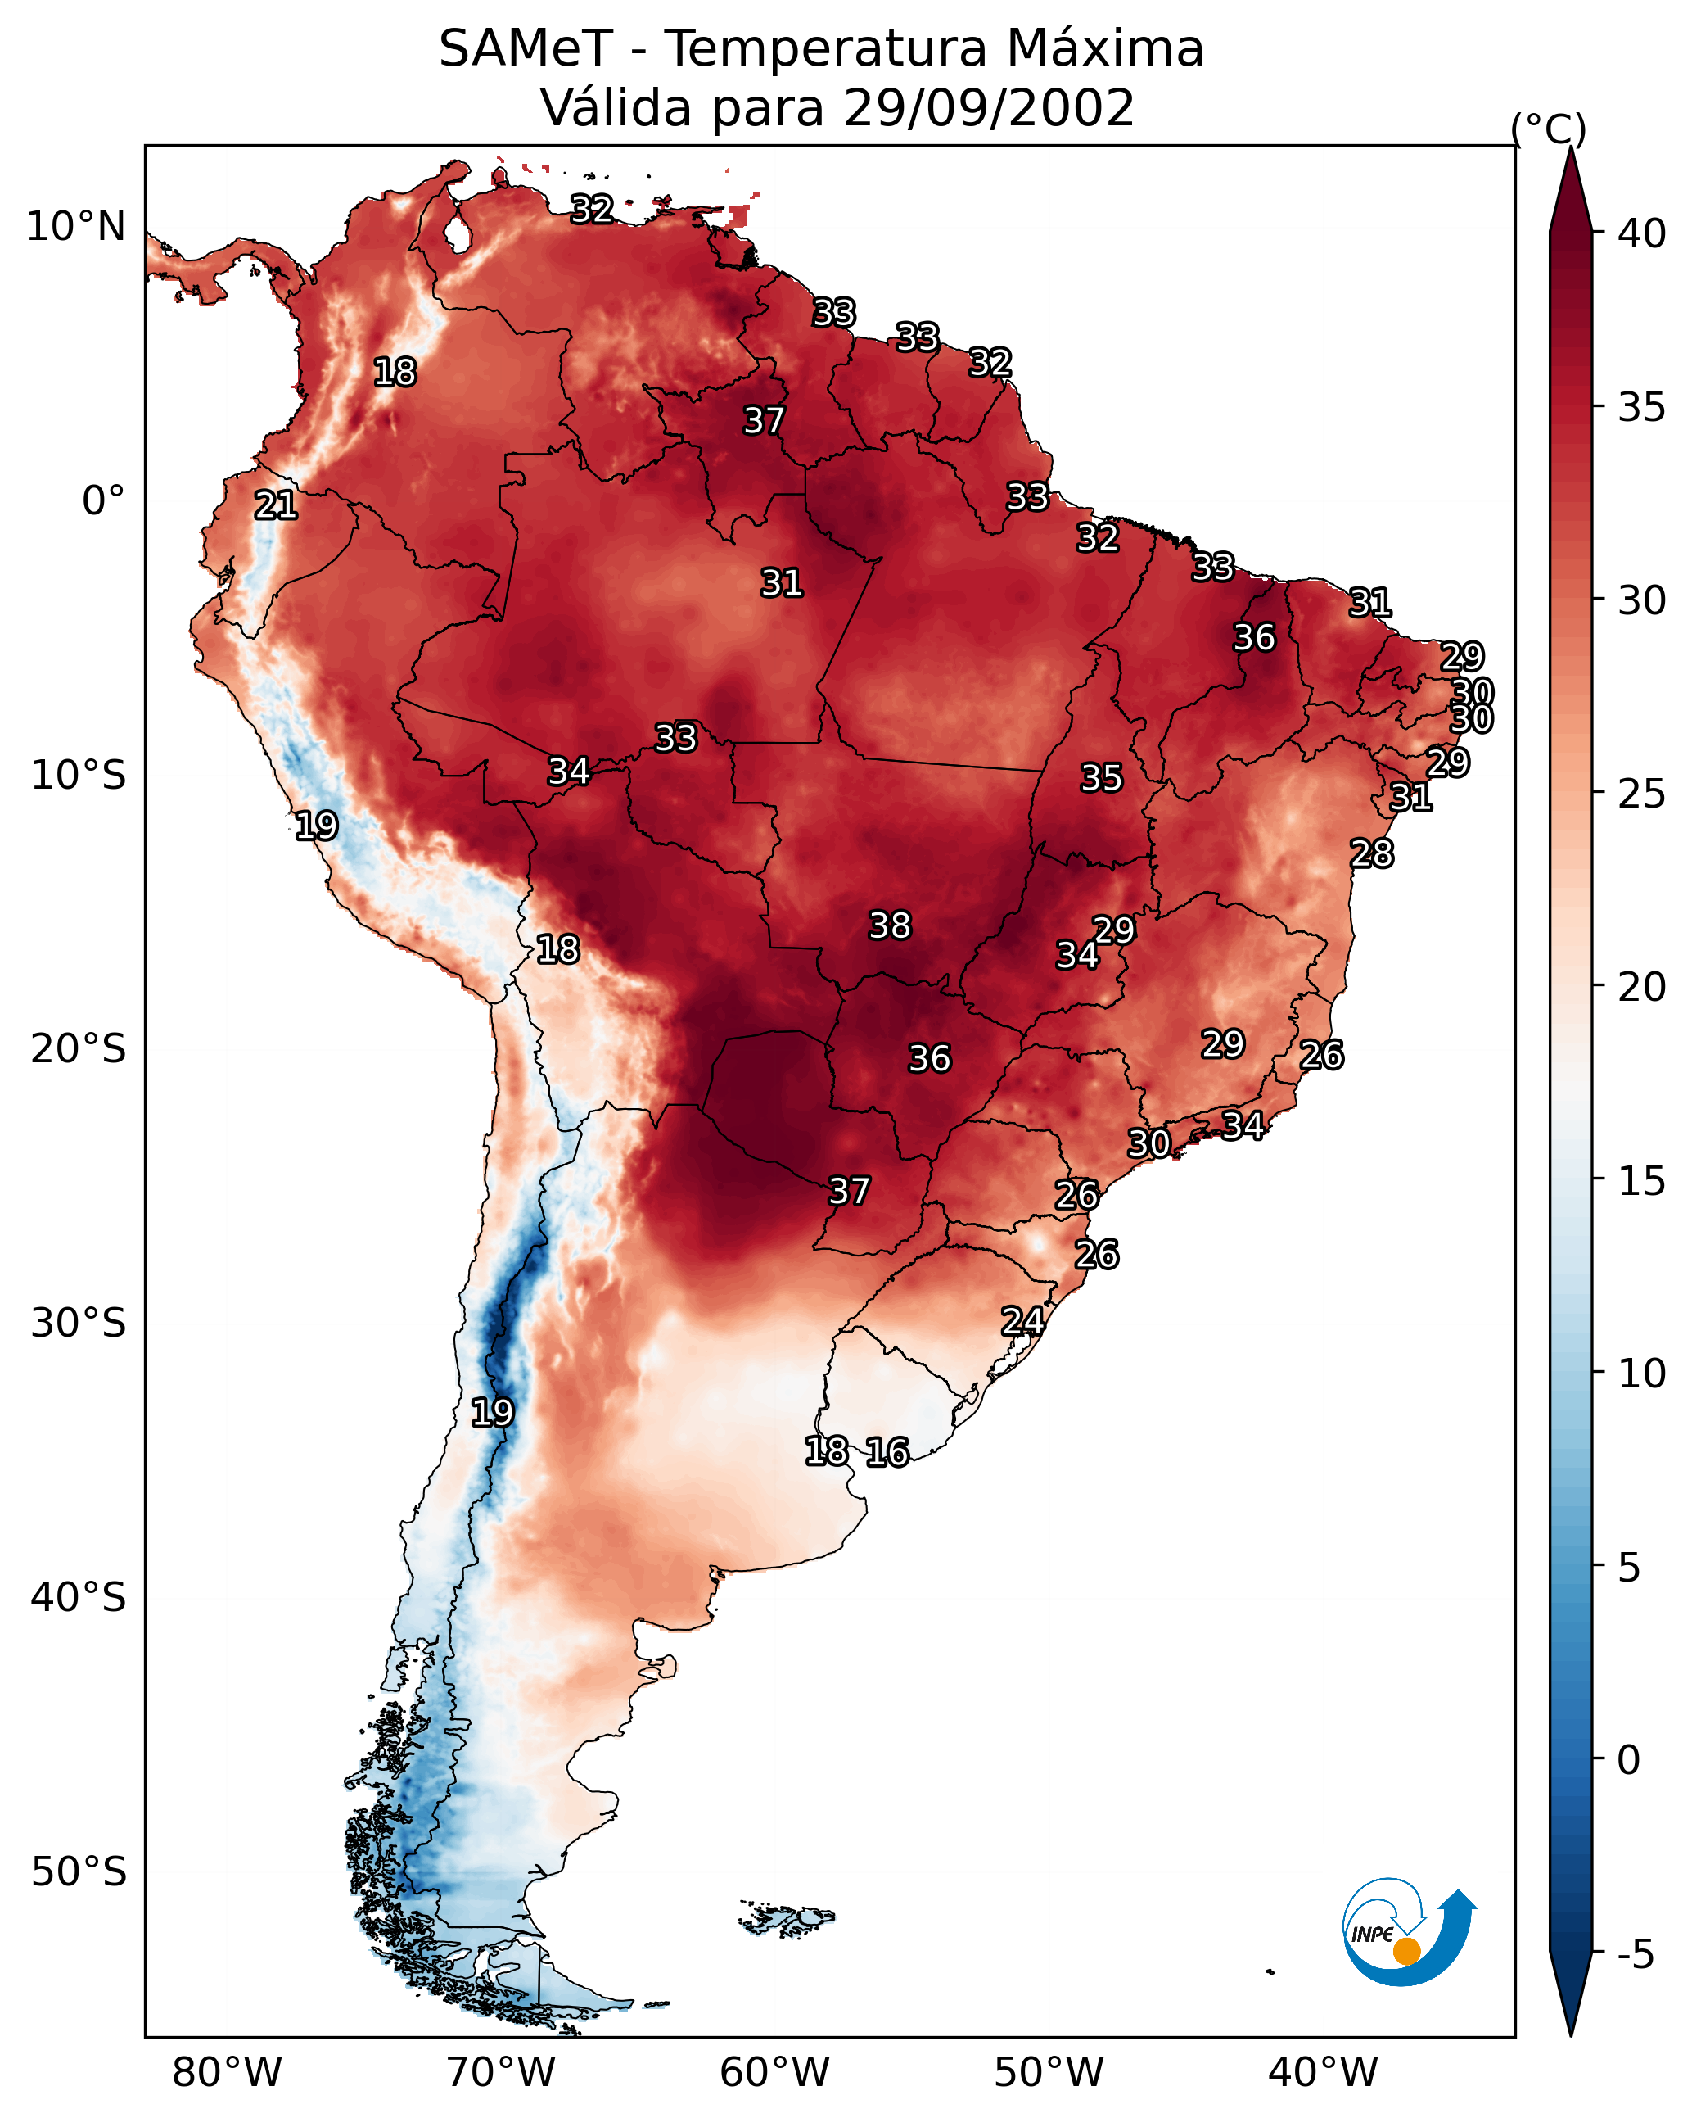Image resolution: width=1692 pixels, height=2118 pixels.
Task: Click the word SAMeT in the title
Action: pyautogui.click(x=526, y=49)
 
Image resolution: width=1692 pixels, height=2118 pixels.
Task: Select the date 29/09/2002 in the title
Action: pyautogui.click(x=988, y=108)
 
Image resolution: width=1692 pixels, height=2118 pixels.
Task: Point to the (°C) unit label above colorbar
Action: pyautogui.click(x=1548, y=129)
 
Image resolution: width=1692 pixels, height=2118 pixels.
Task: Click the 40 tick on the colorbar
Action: pyautogui.click(x=1642, y=233)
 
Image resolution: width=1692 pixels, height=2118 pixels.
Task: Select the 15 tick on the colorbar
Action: pyautogui.click(x=1642, y=1181)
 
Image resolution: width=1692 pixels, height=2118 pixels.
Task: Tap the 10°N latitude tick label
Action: pyautogui.click(x=75, y=227)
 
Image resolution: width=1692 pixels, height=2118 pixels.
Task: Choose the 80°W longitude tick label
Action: pyautogui.click(x=227, y=2073)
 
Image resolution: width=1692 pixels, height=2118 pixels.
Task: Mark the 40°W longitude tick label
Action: pyautogui.click(x=1323, y=2073)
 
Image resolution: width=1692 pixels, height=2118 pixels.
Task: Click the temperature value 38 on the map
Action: pyautogui.click(x=890, y=925)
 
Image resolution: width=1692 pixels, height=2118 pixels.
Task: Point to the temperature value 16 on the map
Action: pyautogui.click(x=887, y=1452)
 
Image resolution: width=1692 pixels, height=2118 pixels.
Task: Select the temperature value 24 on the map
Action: pyautogui.click(x=1022, y=1321)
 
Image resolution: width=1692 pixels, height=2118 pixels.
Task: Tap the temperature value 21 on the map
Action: pyautogui.click(x=276, y=506)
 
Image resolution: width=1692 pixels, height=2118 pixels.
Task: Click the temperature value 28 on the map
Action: pyautogui.click(x=1371, y=853)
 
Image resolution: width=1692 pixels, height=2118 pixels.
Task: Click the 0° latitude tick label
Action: pyautogui.click(x=103, y=501)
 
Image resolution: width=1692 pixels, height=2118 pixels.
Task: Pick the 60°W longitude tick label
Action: pyautogui.click(x=775, y=2073)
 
